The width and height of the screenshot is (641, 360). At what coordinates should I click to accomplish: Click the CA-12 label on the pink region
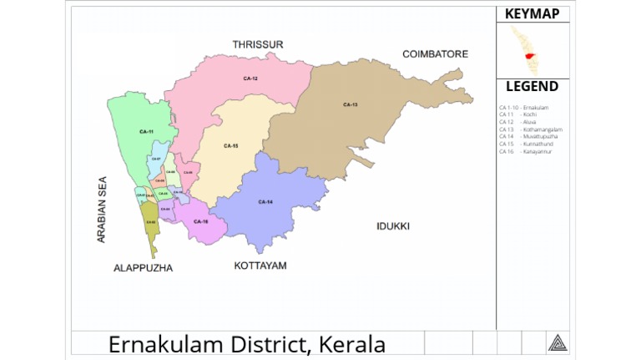pyautogui.click(x=250, y=78)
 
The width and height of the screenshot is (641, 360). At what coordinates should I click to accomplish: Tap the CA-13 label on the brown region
pyautogui.click(x=350, y=104)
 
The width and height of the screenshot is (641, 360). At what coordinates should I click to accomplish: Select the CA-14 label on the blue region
pyautogui.click(x=265, y=202)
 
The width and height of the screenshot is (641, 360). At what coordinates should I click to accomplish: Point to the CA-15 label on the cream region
pyautogui.click(x=231, y=146)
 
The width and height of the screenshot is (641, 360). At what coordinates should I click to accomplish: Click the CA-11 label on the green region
pyautogui.click(x=146, y=132)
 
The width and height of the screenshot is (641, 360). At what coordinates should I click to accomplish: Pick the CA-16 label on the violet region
pyautogui.click(x=200, y=221)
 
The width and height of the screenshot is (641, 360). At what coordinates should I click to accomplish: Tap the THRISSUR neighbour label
pyautogui.click(x=258, y=43)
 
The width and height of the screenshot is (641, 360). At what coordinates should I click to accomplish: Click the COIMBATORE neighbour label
pyautogui.click(x=435, y=54)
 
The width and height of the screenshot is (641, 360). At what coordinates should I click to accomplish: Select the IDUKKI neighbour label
pyautogui.click(x=392, y=226)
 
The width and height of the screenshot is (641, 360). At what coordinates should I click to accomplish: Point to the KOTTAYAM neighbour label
pyautogui.click(x=260, y=266)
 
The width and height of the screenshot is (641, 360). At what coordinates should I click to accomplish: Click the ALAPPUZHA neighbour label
pyautogui.click(x=143, y=268)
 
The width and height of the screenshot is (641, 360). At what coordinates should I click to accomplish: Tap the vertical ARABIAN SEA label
pyautogui.click(x=102, y=210)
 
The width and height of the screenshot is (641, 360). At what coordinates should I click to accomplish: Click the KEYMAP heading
pyautogui.click(x=532, y=14)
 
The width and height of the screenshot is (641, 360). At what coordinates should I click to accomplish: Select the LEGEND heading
pyautogui.click(x=532, y=87)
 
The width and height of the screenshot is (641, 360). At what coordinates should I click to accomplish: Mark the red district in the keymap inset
pyautogui.click(x=530, y=57)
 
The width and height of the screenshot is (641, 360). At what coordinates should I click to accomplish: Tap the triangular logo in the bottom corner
pyautogui.click(x=557, y=342)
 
